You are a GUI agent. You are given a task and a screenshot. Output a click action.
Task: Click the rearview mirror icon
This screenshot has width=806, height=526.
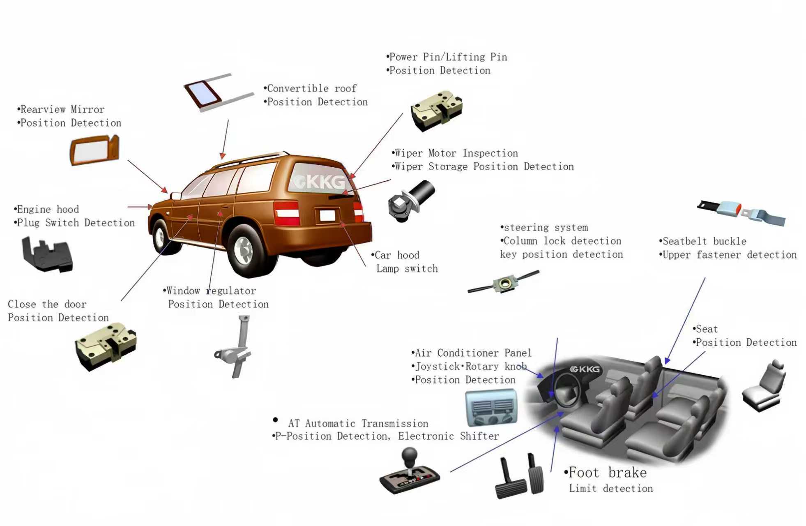(x=94, y=151)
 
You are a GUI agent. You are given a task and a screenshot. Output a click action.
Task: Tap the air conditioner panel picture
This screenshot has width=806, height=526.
(x=491, y=408)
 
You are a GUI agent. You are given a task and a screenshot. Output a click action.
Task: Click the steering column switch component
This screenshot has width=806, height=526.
(x=504, y=282)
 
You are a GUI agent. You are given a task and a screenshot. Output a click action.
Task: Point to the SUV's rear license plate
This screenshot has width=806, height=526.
(x=327, y=215)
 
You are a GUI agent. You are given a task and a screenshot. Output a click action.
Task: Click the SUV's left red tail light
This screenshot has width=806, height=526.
(x=286, y=213)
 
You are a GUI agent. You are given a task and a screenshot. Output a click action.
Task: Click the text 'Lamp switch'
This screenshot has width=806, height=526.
(x=407, y=269)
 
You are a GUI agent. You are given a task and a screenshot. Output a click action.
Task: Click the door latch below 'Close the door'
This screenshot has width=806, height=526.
(x=106, y=346)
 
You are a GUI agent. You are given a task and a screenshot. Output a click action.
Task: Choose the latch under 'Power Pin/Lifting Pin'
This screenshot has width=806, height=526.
(x=437, y=111)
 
